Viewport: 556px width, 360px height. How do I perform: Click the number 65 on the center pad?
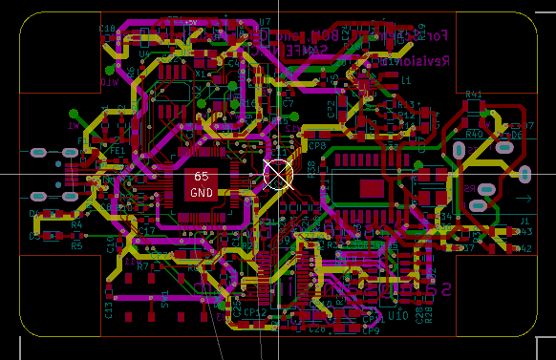[201, 177]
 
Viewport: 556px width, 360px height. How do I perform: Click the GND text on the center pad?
[202, 193]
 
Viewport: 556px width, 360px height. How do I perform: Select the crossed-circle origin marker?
[277, 174]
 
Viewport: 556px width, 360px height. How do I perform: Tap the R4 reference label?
[76, 224]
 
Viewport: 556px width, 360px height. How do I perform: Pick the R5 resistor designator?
[76, 245]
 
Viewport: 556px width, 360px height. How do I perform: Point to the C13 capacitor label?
[108, 310]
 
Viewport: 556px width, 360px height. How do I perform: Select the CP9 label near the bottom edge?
[371, 331]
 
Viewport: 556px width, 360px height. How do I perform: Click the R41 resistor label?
[473, 95]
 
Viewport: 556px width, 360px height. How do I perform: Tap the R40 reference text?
[474, 135]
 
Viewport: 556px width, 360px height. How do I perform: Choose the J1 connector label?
[524, 221]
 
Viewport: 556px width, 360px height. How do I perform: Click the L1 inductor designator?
[406, 80]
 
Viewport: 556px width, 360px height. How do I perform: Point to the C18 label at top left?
[107, 29]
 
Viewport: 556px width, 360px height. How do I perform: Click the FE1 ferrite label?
[118, 151]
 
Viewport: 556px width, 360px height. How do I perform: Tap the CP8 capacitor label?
[317, 146]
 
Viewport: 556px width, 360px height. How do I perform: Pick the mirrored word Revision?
[419, 61]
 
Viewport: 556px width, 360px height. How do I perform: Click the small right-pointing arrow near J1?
[523, 198]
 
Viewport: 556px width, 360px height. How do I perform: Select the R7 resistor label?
[142, 267]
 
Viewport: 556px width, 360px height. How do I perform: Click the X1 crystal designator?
[201, 73]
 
